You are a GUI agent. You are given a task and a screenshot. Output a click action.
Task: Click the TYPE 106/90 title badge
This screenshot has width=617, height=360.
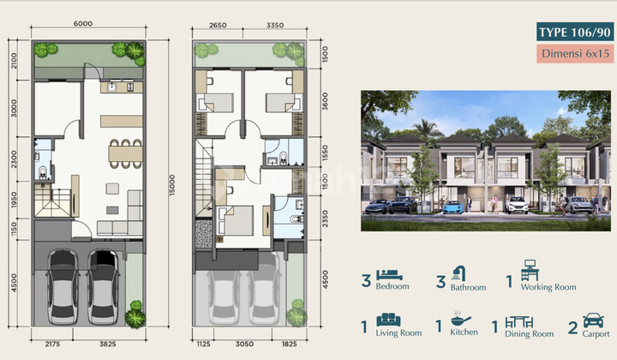point(575,32)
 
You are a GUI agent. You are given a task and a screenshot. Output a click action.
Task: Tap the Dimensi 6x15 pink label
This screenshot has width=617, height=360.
point(575,53)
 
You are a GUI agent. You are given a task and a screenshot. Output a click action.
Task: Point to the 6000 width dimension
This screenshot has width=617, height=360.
point(83,24)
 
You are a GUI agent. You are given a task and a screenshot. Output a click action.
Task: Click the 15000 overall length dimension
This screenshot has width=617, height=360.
point(172,185)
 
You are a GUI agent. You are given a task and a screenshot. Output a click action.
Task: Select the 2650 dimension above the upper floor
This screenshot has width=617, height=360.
point(218,25)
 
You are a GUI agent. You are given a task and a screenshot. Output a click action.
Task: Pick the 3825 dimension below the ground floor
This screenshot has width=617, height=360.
point(107,344)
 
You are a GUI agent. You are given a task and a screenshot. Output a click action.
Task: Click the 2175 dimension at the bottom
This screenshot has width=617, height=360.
point(52,344)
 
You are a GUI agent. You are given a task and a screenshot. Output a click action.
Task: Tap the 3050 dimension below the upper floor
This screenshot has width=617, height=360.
point(244,344)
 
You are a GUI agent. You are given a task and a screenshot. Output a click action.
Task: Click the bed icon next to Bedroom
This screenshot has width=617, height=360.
point(389,274)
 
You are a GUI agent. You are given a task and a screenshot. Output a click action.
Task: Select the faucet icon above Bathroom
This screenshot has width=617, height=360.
point(458,273)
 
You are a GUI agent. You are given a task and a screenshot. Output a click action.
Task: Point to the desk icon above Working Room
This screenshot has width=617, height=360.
point(530,270)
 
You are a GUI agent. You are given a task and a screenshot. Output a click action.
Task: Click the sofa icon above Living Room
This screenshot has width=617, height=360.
point(388,320)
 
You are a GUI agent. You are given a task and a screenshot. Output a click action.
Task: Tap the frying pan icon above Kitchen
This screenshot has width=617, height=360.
point(460,318)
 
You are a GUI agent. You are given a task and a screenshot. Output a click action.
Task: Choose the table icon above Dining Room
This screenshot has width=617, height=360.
point(519,321)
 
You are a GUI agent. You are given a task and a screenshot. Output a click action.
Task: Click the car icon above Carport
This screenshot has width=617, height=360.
point(593,321)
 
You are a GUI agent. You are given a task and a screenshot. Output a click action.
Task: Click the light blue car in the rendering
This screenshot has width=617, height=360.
point(453,207)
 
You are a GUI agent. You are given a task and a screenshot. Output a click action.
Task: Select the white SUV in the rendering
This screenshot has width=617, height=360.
point(517,205)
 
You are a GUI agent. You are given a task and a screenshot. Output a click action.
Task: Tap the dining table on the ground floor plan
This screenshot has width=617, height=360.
point(125,153)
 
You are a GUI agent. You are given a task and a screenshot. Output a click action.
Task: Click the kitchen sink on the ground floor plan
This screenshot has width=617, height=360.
point(112,87)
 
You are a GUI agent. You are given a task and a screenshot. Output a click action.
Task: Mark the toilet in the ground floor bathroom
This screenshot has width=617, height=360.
point(43,172)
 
